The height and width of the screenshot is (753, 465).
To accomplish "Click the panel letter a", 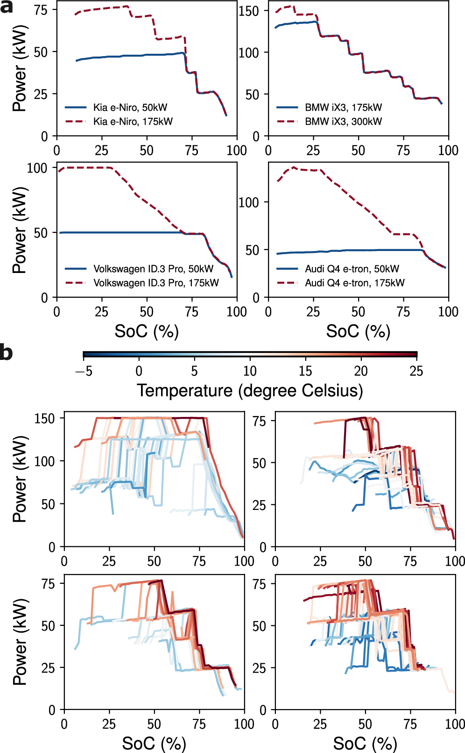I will coord(7,7).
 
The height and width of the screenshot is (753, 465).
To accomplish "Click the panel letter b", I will coord(7,351).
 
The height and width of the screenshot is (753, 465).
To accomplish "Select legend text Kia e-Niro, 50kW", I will coord(130,108).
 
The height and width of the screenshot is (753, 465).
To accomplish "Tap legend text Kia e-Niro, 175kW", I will coord(133,122).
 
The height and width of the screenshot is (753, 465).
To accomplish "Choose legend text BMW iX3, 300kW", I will coord(343,122).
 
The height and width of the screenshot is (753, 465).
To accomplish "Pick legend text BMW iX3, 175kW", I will coord(343,108).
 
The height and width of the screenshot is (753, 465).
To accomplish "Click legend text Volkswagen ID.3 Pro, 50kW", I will coord(153,269).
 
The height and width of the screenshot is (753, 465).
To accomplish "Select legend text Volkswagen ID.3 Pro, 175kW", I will coord(156,283).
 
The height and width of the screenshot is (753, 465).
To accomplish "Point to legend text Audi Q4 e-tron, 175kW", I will coord(354,283).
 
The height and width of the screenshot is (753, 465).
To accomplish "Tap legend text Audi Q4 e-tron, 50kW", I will coord(352,269).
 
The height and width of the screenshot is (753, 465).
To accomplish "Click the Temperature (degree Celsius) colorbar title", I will coord(250,390).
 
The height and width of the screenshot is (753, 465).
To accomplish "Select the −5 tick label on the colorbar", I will coord(84,371).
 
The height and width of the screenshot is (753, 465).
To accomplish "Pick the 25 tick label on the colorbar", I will coord(416,371).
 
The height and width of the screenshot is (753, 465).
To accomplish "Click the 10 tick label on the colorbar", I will coord(250,371).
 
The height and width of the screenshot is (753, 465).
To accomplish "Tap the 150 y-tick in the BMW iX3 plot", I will coord(248,11).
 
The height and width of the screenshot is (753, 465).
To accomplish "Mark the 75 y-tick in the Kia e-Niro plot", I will coord(41,11).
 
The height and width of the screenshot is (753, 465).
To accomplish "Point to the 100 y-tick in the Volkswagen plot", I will coord(37,168).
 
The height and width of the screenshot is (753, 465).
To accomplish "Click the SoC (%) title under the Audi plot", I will coord(358,331).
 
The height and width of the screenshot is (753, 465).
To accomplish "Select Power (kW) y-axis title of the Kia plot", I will coord(19,68).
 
